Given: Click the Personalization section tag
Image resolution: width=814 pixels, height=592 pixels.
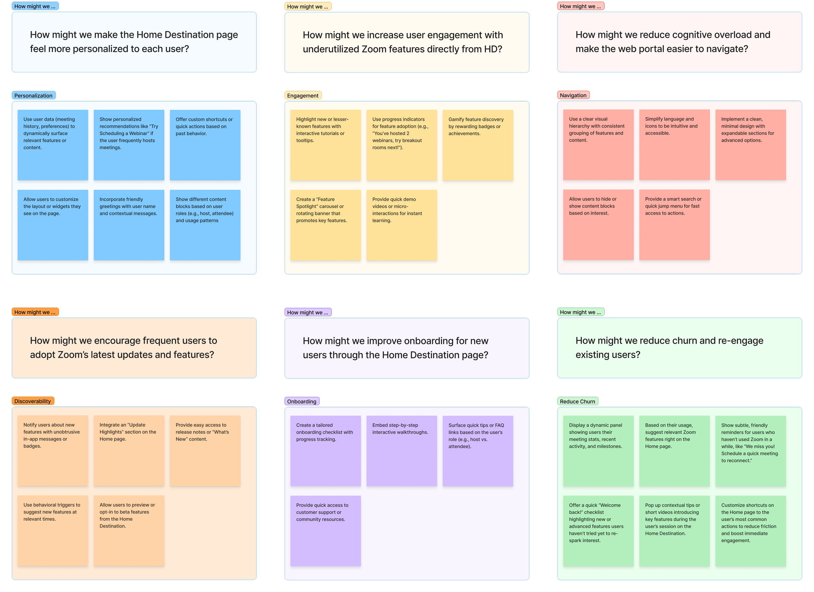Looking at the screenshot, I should [x=34, y=95].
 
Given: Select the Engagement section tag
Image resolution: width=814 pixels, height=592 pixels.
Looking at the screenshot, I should [x=302, y=95].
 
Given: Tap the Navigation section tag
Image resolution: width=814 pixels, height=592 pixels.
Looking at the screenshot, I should [x=573, y=95].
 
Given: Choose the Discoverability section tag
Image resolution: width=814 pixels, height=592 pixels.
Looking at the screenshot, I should [x=33, y=401].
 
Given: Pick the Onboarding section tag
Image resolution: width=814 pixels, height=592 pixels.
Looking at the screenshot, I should [x=302, y=402].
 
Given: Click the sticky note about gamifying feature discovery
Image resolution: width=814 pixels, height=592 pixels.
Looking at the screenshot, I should [x=478, y=145].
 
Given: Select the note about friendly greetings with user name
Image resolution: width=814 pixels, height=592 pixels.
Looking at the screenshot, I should [x=129, y=225].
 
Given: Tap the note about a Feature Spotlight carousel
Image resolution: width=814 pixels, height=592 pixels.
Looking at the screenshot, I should [x=325, y=225].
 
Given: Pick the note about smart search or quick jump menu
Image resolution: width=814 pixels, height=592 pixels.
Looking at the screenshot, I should [x=674, y=225].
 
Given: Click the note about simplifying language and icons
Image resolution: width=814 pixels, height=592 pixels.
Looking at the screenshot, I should [x=674, y=145].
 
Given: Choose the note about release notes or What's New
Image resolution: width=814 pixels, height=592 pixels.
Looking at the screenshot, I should [x=205, y=451].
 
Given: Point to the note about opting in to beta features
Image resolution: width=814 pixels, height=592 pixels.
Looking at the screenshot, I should [x=129, y=530].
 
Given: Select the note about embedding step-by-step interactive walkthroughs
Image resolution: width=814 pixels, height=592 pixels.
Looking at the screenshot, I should [x=401, y=451].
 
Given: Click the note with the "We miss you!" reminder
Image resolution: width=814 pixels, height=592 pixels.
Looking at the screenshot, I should [x=751, y=451].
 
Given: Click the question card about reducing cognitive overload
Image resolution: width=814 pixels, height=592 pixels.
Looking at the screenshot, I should [x=680, y=42].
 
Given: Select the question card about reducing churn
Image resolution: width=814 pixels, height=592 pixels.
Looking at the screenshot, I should [x=680, y=348].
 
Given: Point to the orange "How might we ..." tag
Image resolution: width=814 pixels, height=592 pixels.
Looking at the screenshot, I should [x=35, y=312].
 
